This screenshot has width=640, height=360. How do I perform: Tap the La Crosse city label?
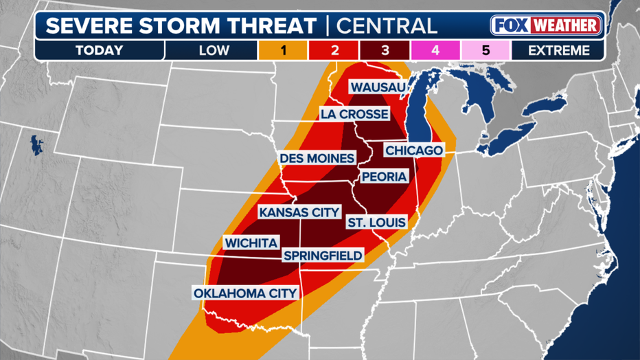point(354,114)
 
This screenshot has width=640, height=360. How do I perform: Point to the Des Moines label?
point(317,158)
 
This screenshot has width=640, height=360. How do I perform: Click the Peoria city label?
point(384,177)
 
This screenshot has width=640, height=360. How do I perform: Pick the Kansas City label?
point(299,212)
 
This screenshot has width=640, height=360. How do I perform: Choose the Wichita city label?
point(251,243)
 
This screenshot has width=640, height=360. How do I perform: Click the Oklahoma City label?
point(245,293)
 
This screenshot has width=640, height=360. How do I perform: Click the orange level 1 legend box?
point(284,50)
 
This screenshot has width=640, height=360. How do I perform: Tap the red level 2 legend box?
point(334,50)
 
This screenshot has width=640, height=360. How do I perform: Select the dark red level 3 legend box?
point(385,50)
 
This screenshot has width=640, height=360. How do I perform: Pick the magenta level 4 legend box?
point(435,50)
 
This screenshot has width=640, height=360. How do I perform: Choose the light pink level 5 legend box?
point(485,50)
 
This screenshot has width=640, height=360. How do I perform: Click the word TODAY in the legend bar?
point(100,50)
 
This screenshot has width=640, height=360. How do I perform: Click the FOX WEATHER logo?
point(546,26)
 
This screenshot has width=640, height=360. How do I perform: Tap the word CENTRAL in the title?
point(386,26)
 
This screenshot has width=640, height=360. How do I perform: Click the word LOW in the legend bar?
point(214,50)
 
